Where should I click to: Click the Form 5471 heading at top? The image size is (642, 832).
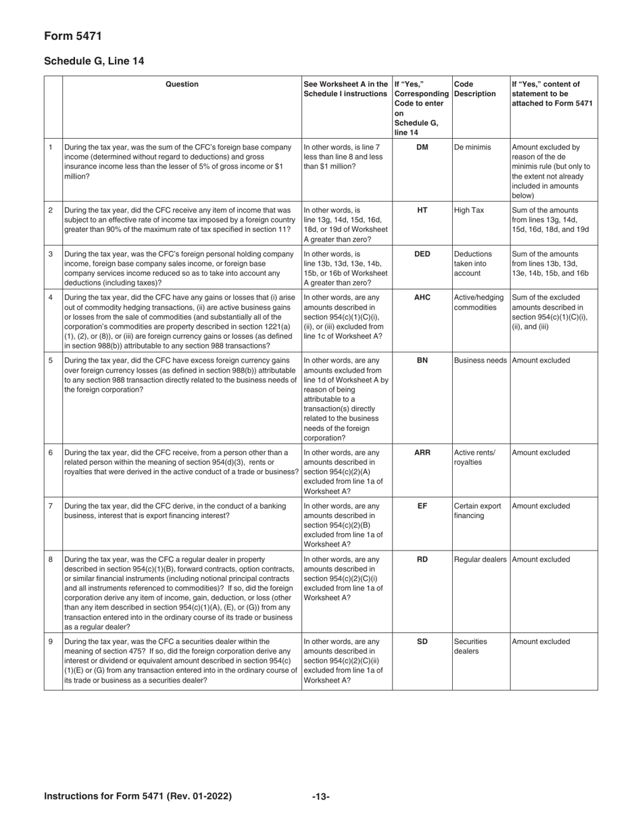73,36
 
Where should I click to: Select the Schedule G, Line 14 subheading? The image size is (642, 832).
94,61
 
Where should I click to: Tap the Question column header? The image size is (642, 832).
182,85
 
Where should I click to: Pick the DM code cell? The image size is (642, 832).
422,147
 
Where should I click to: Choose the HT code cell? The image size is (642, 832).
422,210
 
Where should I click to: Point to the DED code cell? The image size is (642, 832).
422,254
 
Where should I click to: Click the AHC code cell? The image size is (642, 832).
422,298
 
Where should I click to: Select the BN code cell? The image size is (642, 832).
422,361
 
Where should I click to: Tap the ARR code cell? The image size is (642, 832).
422,453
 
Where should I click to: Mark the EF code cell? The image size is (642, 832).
422,506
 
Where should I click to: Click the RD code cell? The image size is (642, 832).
422,559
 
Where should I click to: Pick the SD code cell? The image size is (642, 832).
422,641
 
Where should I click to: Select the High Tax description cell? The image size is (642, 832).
469,210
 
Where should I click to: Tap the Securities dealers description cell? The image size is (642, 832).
470,646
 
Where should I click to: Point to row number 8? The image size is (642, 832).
51,559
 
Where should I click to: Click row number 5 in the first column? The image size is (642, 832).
51,361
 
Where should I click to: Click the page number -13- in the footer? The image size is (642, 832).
321,796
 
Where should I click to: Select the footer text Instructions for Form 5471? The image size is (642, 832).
138,796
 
